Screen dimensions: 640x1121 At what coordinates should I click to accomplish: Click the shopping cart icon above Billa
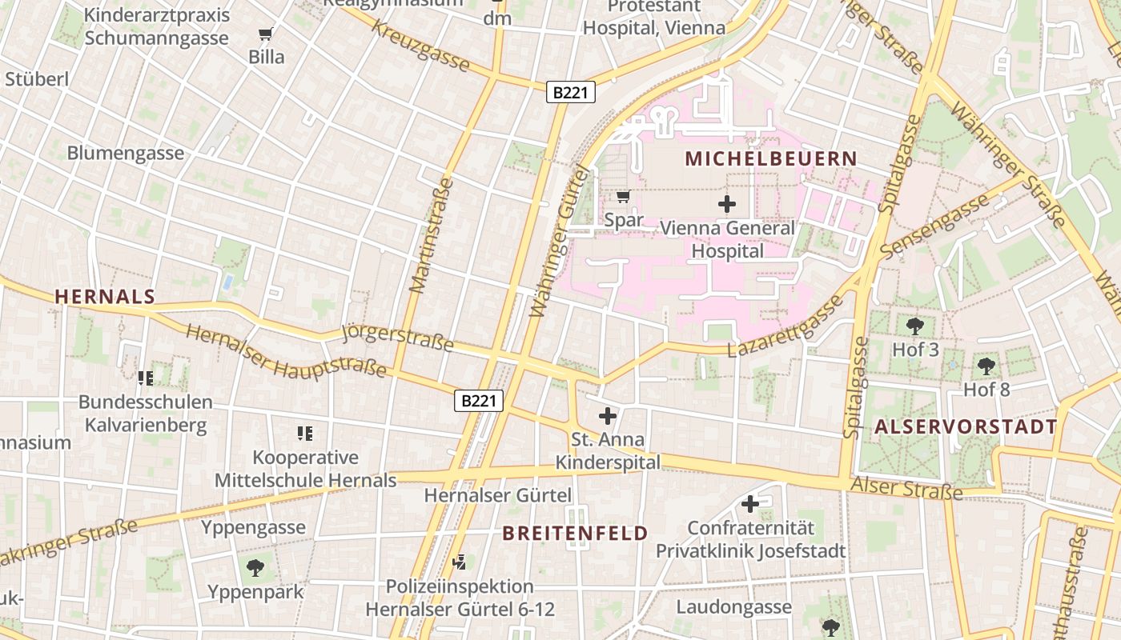click(x=266, y=34)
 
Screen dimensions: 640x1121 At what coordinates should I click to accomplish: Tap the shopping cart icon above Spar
click(x=623, y=196)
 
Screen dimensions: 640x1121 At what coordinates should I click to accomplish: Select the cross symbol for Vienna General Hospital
click(x=727, y=204)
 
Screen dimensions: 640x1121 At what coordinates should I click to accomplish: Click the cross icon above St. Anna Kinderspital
click(x=608, y=416)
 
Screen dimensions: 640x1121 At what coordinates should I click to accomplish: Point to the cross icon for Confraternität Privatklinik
click(x=750, y=504)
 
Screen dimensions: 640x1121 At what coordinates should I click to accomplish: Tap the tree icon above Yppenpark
click(x=255, y=568)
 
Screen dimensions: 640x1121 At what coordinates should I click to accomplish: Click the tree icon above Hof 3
click(x=915, y=326)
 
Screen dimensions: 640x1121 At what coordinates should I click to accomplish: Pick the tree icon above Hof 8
click(x=986, y=366)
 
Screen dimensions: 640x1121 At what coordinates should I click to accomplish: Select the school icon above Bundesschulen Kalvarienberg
click(x=145, y=378)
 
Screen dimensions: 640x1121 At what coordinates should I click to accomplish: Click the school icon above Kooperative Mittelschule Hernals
click(x=304, y=434)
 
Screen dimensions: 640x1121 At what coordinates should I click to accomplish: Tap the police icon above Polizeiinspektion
click(x=459, y=562)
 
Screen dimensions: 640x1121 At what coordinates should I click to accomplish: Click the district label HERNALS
click(x=105, y=297)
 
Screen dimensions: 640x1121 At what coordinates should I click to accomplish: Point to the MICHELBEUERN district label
click(x=771, y=158)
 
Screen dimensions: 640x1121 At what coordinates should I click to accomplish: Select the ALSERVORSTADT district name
click(x=966, y=426)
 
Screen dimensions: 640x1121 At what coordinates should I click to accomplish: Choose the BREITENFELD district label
click(x=575, y=534)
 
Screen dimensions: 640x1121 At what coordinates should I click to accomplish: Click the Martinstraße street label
click(x=431, y=236)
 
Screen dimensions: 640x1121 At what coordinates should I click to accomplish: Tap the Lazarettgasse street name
click(x=785, y=326)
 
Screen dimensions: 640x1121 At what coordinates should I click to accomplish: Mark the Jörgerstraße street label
click(x=397, y=338)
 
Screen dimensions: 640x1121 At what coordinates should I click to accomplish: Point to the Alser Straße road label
click(x=906, y=487)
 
